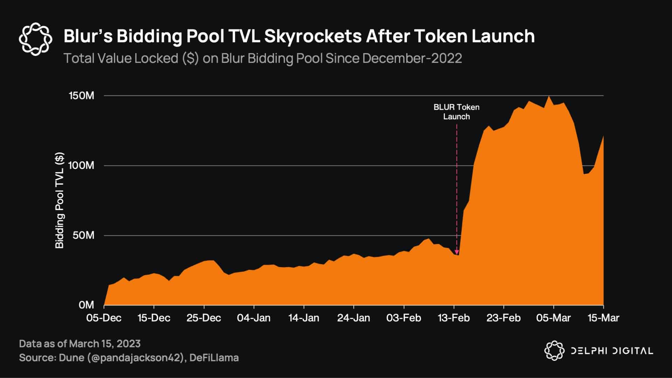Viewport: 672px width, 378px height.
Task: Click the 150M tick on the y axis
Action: (x=82, y=95)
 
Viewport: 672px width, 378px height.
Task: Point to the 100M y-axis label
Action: (x=82, y=165)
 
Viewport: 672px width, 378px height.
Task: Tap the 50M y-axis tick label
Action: (x=84, y=235)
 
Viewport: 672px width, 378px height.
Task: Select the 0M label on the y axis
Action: (x=86, y=305)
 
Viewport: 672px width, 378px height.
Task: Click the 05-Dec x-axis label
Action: (x=104, y=318)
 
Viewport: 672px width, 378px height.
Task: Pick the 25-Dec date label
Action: (x=204, y=318)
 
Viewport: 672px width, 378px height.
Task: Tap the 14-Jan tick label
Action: (x=304, y=318)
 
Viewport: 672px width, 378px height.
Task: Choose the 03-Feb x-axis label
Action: (x=404, y=318)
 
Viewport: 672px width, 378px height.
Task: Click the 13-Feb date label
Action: (x=454, y=318)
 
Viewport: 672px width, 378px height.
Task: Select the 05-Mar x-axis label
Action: (x=554, y=318)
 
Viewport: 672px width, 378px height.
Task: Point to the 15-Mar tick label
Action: (x=603, y=318)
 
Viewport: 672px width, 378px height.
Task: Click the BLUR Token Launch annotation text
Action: (x=457, y=112)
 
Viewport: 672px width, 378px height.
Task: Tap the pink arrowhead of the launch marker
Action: (x=457, y=252)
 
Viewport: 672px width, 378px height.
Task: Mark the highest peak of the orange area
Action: (x=549, y=97)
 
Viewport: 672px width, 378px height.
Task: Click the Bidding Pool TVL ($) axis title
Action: (x=60, y=200)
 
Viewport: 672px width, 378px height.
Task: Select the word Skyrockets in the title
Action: (x=313, y=36)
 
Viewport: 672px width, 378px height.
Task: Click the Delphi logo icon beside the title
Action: (x=35, y=39)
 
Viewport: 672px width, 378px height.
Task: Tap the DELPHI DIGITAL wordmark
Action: (x=612, y=351)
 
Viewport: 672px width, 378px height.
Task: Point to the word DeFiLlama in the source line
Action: (x=214, y=358)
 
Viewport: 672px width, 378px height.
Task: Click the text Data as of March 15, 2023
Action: (x=80, y=344)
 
